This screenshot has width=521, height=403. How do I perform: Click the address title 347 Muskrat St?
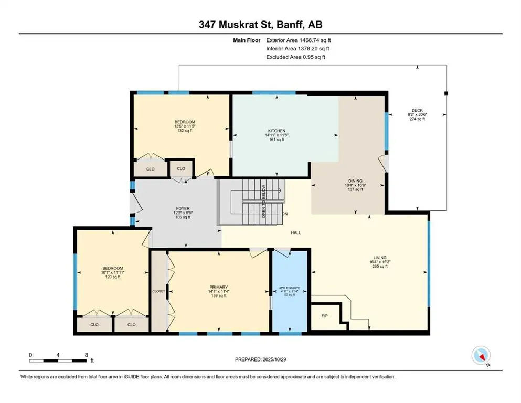tap(260, 25)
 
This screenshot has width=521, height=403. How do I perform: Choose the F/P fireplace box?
tap(324, 316)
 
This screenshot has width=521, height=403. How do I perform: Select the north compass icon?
tap(481, 355)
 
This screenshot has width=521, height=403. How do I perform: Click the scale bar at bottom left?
tap(58, 360)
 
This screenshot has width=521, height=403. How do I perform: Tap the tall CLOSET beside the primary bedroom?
tap(158, 291)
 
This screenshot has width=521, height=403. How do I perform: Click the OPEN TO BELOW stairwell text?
tap(264, 201)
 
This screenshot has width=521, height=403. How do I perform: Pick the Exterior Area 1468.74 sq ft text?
tap(299, 40)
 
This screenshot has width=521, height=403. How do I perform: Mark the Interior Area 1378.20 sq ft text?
tap(297, 48)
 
